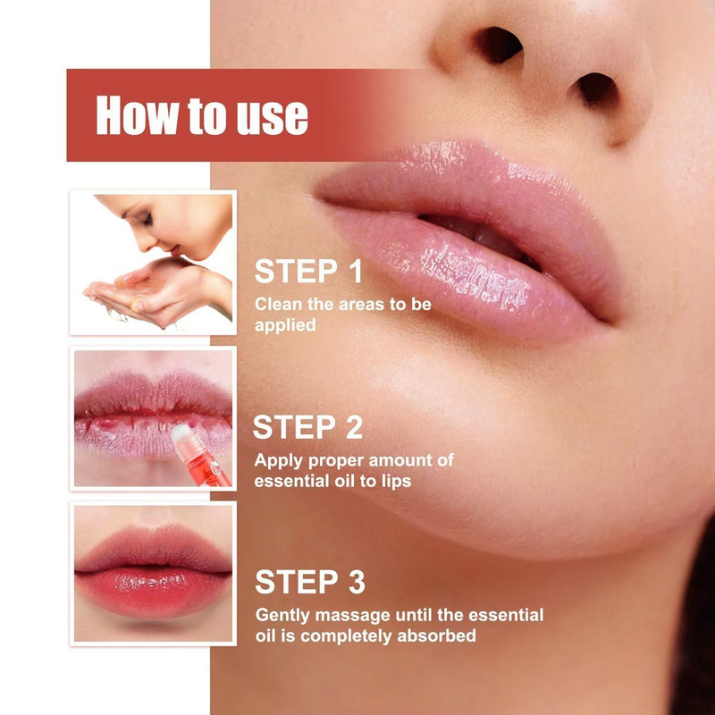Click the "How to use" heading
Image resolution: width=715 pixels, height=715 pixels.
pos(202,115)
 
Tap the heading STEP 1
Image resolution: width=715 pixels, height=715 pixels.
pos(308,272)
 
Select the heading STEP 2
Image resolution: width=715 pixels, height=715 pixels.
pos(308,426)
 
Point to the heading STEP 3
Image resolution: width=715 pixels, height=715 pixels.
pos(309,582)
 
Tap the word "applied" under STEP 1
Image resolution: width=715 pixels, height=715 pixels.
pos(285,325)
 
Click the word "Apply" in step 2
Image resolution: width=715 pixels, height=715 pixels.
pos(277,460)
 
